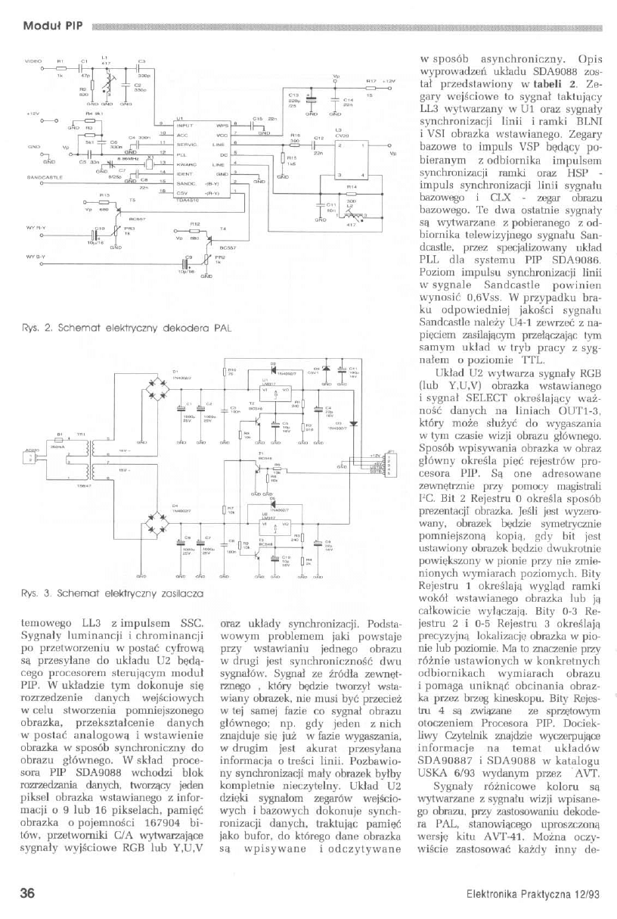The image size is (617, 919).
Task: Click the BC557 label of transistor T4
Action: pos(225,247)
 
